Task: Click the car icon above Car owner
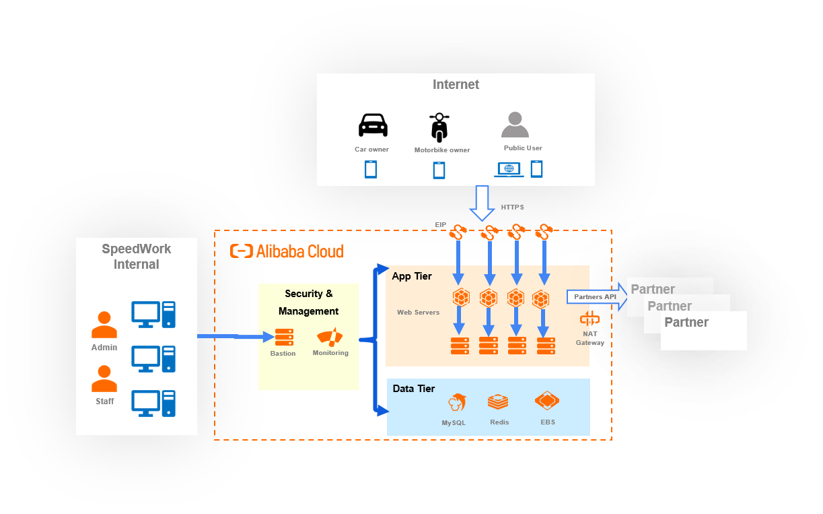(x=373, y=125)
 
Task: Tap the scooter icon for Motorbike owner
(x=439, y=127)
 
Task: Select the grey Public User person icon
(x=515, y=125)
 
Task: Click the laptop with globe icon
(x=509, y=169)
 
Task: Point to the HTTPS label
(x=512, y=207)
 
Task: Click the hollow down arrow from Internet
(x=482, y=203)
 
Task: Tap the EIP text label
(x=441, y=225)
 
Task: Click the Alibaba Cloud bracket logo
(x=242, y=251)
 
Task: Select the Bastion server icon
(x=285, y=337)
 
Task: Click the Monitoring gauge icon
(x=330, y=337)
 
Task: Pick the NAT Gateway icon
(x=589, y=319)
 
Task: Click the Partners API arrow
(x=597, y=297)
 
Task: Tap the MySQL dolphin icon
(x=457, y=403)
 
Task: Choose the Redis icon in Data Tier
(x=498, y=401)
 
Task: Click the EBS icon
(x=547, y=401)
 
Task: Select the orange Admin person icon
(x=104, y=325)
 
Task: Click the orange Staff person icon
(x=104, y=379)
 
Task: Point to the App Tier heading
(x=412, y=276)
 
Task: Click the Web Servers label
(x=418, y=313)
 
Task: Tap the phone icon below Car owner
(x=371, y=170)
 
